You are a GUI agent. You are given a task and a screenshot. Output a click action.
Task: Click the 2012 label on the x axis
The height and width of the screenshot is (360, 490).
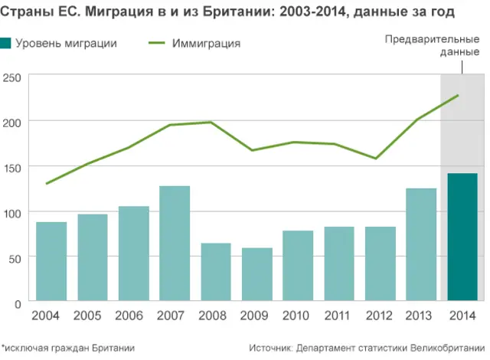coord(381,316)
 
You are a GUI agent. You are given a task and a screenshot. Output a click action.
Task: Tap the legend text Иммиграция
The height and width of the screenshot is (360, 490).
coord(207,44)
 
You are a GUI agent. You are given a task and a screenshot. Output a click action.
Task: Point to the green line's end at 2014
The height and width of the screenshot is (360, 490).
coord(458,95)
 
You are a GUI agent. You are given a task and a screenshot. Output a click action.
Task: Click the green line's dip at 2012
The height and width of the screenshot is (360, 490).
coord(376,159)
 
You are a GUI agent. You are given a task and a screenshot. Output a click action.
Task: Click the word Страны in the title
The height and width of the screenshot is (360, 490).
coord(25,12)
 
